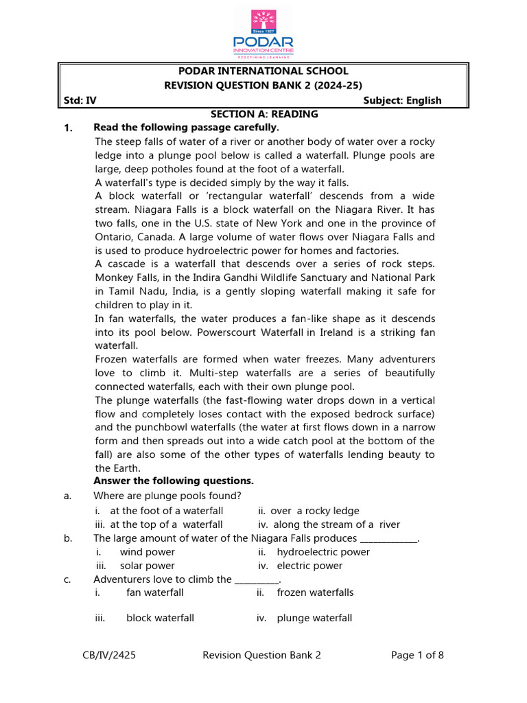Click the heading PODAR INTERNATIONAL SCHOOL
[x=263, y=71]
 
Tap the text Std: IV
[x=80, y=100]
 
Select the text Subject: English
[x=402, y=100]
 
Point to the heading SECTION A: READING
[x=263, y=114]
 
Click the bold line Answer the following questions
[x=174, y=481]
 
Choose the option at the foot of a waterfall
[x=166, y=511]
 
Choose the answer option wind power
[x=147, y=552]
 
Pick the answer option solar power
[x=147, y=566]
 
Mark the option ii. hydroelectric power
[x=323, y=552]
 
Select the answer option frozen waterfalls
[x=315, y=592]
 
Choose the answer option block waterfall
[x=160, y=618]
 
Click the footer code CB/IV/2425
[x=109, y=655]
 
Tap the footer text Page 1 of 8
[x=417, y=655]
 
